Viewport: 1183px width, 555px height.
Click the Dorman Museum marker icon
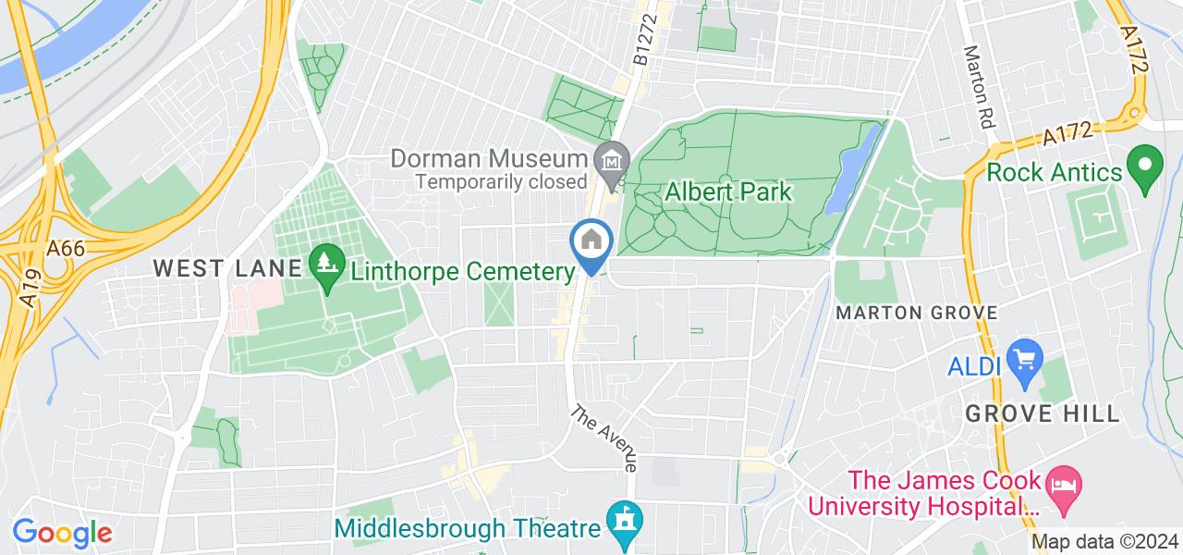click(x=611, y=160)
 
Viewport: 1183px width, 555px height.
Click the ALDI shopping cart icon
click(x=1024, y=356)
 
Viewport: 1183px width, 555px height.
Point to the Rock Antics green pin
click(x=1145, y=166)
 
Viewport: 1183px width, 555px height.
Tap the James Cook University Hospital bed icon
click(x=1062, y=487)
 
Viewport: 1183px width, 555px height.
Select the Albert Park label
click(x=728, y=192)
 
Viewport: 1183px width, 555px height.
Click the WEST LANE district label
click(x=227, y=268)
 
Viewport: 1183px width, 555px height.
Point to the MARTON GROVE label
click(x=916, y=313)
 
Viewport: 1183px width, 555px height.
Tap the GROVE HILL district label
click(x=1043, y=413)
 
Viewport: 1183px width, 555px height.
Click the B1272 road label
click(x=644, y=43)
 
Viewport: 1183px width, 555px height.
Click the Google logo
click(x=62, y=533)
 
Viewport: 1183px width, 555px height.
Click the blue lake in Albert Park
click(x=854, y=171)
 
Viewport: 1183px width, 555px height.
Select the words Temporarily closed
click(x=501, y=182)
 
